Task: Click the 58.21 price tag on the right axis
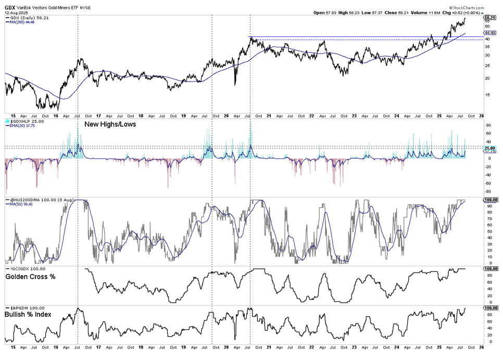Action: coord(489,17)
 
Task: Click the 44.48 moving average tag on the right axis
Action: coord(489,32)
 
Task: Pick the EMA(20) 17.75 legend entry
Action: coord(26,126)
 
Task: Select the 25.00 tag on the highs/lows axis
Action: coord(489,148)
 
